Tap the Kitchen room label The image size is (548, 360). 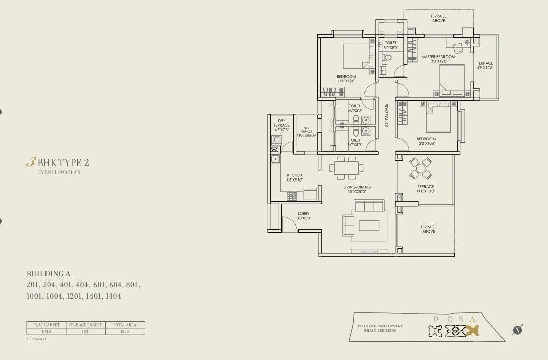coord(294,175)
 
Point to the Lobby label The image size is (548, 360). coord(304,214)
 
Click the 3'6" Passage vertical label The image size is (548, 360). coord(386,116)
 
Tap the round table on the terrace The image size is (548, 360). coord(421,168)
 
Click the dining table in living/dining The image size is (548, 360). coord(347,168)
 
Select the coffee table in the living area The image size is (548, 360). coord(369,225)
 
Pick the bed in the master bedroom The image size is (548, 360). coord(451,79)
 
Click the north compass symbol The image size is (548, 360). coord(517,330)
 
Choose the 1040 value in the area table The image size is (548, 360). coord(46,331)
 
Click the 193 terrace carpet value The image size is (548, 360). coord(85,331)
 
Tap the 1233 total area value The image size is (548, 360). coord(125,331)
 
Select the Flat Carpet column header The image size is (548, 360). coord(46,325)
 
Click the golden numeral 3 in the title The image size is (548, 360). coord(30,162)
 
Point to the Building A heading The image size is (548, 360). coord(49,274)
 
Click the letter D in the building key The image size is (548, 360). coord(436,319)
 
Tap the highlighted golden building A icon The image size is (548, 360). coord(472,331)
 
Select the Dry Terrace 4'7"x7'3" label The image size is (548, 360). coord(282,125)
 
